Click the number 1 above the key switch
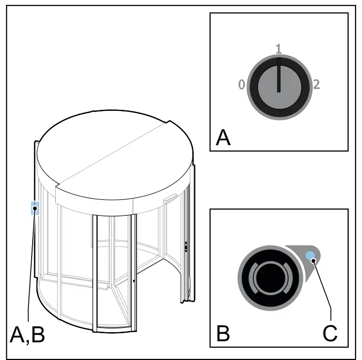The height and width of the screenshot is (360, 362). coord(278,49)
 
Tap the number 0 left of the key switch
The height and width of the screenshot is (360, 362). coord(242,85)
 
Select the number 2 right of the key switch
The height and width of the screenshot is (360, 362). coord(316,85)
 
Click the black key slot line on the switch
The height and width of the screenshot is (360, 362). coord(279,75)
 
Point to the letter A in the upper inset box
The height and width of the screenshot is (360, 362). coord(223,138)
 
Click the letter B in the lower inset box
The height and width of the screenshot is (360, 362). coord(223,333)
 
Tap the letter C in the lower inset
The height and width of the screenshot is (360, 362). coord(330,333)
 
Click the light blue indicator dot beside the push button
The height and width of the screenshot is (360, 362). coord(310,256)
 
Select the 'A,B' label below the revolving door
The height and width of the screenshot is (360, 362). coord(27,335)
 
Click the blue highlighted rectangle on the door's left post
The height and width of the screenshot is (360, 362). coord(35,208)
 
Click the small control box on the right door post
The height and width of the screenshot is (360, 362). coord(186,246)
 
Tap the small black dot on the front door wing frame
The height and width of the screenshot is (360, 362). coord(134,281)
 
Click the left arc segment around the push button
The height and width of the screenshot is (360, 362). coord(253,278)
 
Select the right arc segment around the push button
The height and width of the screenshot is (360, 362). coord(287,278)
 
